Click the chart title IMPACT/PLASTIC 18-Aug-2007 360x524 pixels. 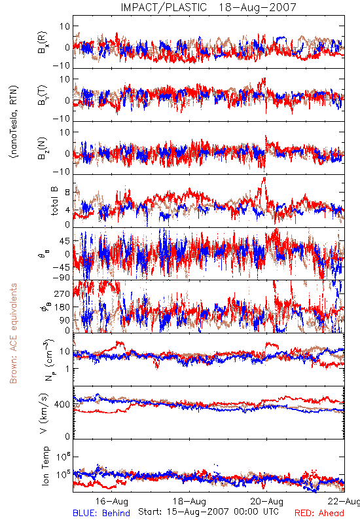pos(208,7)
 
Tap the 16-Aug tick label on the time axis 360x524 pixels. pos(111,501)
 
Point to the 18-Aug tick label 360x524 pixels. pos(189,501)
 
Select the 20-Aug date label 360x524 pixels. pos(267,501)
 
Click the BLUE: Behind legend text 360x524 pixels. pos(101,513)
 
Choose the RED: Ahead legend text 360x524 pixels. pos(319,513)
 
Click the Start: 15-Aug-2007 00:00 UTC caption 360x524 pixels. pos(208,512)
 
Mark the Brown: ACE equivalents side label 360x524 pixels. pos(13,333)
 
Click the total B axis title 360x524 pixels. pos(54,201)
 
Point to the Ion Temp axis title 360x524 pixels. pos(45,466)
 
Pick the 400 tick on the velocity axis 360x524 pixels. pos(62,404)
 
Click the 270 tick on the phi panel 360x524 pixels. pos(62,293)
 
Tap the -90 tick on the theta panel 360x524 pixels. pos(61,277)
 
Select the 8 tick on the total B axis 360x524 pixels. pos(67,193)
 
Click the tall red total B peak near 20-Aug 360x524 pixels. pos(264,179)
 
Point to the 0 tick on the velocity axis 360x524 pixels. pos(67,436)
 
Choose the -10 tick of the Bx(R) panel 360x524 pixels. pos(62,65)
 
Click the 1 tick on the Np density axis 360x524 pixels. pos(68,369)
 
